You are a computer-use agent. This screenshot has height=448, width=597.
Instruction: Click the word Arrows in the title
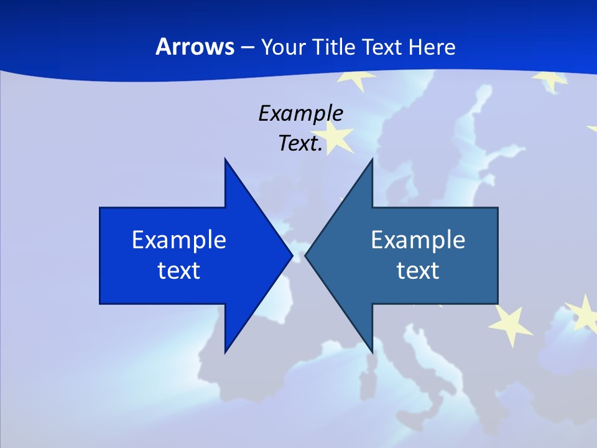194,47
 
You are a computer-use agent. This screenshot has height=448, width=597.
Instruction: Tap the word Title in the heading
337,47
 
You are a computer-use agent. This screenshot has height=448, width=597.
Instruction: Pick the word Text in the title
384,47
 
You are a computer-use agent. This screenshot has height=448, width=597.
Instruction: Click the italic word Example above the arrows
300,114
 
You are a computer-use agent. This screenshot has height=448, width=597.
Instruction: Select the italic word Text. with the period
300,144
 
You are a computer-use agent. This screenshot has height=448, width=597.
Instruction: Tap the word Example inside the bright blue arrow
179,240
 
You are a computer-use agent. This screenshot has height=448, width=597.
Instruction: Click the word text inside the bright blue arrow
179,270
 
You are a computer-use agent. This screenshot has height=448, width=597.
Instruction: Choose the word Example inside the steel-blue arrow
418,240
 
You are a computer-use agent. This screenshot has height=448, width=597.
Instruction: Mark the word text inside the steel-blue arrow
418,270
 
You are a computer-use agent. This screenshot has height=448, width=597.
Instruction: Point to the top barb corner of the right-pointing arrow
225,160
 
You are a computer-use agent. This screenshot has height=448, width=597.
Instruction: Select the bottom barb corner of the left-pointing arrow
371,351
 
